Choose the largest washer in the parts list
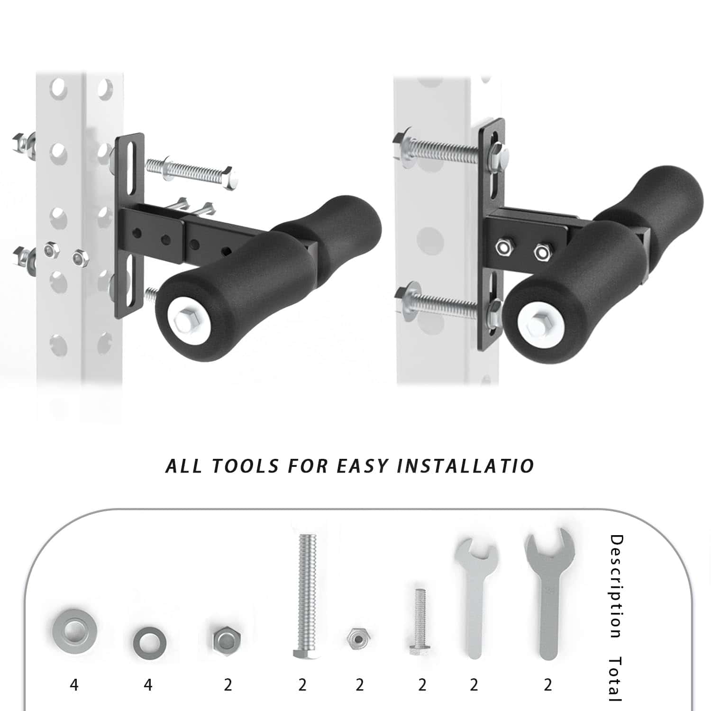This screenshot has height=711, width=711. tap(74, 630)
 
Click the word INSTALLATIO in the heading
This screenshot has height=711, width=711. tap(466, 466)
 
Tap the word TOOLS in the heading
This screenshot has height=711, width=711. tap(245, 466)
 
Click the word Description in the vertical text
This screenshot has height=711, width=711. tap(616, 586)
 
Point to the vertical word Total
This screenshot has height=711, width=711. tap(616, 678)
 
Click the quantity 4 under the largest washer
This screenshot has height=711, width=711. tap(74, 685)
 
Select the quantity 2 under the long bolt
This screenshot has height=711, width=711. tap(302, 685)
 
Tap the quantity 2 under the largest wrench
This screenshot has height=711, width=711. tap(548, 685)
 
